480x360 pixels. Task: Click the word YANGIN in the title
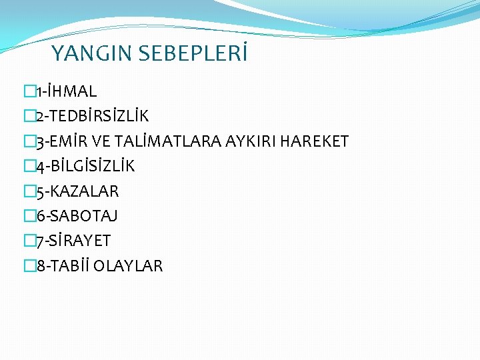point(91,53)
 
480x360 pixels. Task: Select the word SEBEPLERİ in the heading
point(193,53)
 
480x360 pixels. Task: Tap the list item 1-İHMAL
point(65,91)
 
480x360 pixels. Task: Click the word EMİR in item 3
point(74,141)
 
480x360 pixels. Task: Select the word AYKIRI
point(253,141)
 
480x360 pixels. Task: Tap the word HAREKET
point(315,141)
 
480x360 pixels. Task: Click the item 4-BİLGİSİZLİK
point(84,167)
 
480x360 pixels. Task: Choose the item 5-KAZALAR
point(77,192)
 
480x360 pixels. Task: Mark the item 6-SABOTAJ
point(77,216)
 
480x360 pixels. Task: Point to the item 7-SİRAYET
point(73,241)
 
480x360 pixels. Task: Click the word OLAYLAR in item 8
point(128,267)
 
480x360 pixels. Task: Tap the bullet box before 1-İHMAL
point(28,91)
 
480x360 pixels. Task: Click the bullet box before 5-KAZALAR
point(28,192)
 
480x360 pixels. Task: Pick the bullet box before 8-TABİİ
point(28,267)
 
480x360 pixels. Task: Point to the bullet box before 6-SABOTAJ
point(28,216)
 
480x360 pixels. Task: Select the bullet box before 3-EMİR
point(28,141)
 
